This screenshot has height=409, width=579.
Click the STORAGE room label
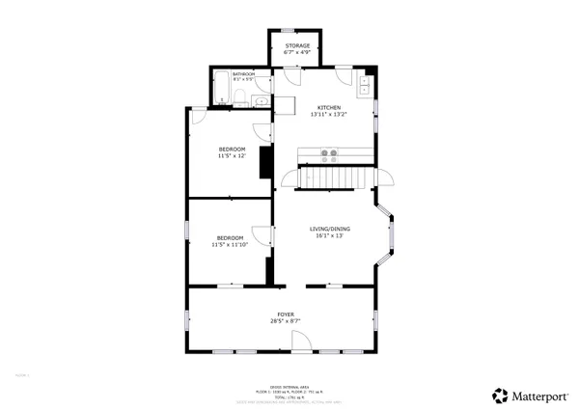297,45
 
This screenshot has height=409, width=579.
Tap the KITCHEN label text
329,108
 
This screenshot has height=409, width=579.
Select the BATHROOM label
243,74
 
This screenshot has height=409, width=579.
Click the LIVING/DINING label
329,229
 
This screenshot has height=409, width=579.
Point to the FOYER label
286,314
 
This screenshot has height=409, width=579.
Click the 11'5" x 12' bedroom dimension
232,156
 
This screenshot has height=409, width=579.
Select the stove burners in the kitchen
329,152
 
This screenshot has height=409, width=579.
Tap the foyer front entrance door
300,341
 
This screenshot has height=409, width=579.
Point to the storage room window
297,31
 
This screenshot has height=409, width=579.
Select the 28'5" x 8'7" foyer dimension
286,321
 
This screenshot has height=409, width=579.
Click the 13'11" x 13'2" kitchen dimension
329,115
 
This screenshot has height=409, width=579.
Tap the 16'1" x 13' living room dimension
329,235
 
